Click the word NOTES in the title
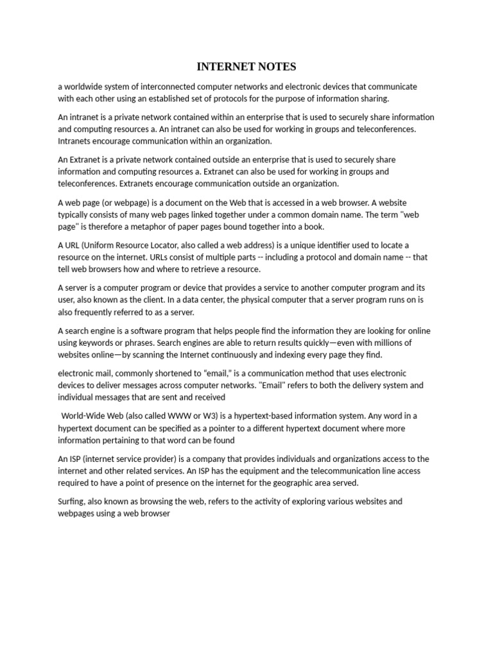click(272, 67)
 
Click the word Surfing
click(71, 502)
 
